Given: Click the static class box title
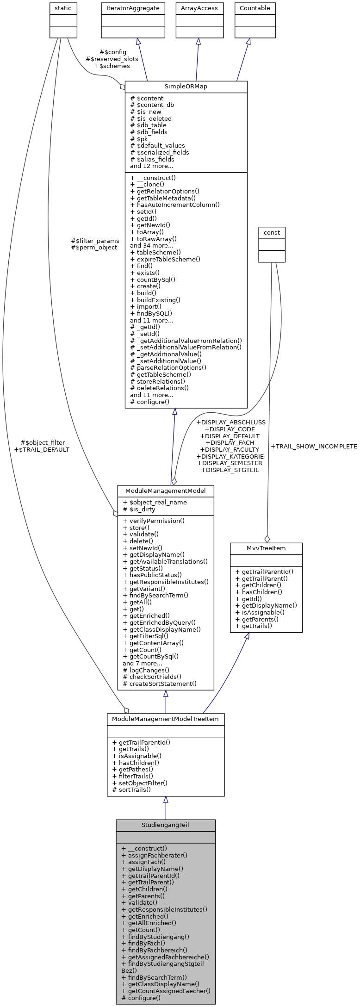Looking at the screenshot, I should click(x=63, y=8).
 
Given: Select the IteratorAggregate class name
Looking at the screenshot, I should click(x=133, y=8).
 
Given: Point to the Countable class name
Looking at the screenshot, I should click(x=254, y=8).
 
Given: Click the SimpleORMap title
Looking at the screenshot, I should click(x=186, y=87).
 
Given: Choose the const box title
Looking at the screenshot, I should click(x=272, y=232).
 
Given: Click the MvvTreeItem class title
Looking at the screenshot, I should click(x=266, y=548).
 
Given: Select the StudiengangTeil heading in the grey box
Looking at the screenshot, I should click(x=165, y=825).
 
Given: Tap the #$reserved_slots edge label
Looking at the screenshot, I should click(x=112, y=59).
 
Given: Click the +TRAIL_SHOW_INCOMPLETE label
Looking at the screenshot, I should click(x=314, y=447).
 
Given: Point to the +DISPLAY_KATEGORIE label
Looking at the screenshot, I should click(x=230, y=456).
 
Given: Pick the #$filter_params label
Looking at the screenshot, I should click(x=95, y=241).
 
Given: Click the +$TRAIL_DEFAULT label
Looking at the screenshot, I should click(x=42, y=449).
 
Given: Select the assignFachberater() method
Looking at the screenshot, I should click(x=154, y=855).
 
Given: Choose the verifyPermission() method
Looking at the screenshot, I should click(x=154, y=521).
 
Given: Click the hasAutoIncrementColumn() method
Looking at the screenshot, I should click(x=175, y=205).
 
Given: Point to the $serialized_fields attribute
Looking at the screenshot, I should click(x=160, y=152).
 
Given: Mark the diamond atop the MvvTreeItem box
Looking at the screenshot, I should click(x=267, y=539).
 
